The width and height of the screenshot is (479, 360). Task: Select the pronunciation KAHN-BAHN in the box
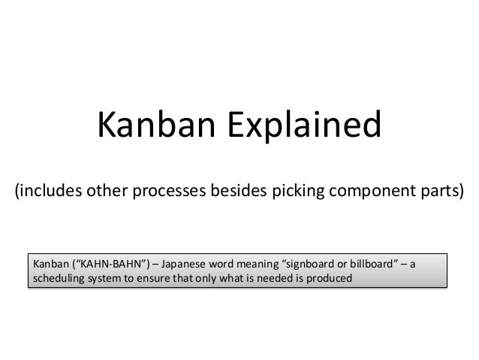point(109,265)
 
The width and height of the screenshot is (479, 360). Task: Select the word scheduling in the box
point(57,280)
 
